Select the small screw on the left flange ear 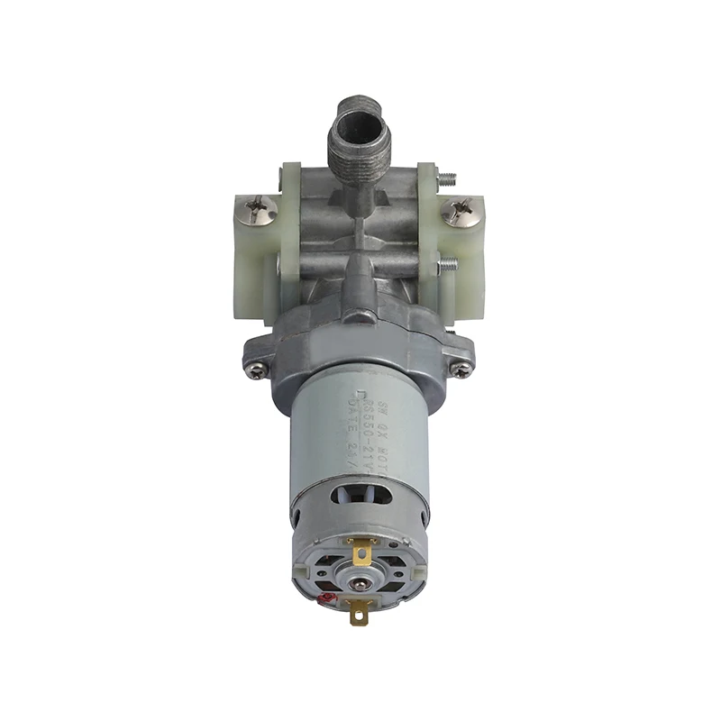[x=259, y=369]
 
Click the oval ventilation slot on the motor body [x=360, y=493]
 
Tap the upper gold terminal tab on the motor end [x=362, y=549]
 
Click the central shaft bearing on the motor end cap [x=360, y=584]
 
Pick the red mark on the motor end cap [x=329, y=597]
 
